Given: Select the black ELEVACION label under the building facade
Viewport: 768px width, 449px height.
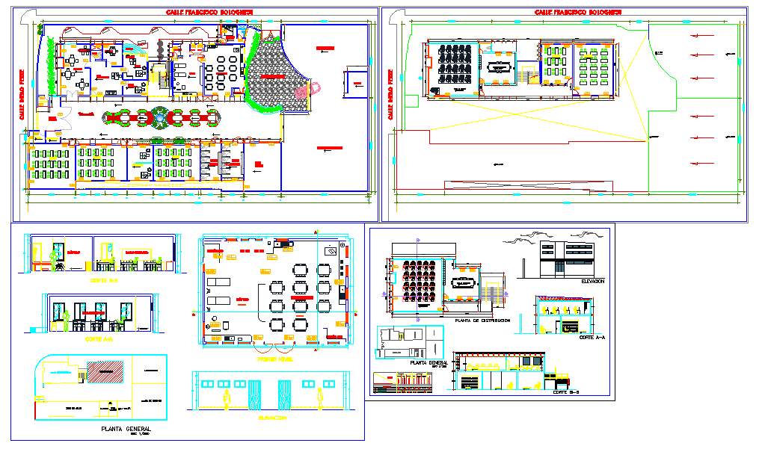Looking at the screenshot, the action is tap(592, 281).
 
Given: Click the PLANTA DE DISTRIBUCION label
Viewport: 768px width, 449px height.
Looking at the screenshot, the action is tap(482, 320).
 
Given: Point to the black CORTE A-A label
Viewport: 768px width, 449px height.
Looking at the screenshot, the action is tap(592, 338).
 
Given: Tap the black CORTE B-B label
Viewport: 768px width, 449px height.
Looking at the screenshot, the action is tap(566, 392).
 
